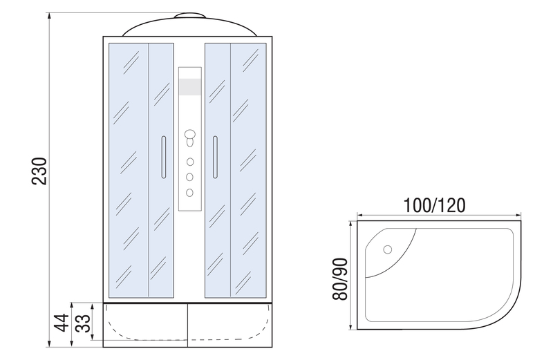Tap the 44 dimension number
coord(62,323)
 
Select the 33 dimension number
coord(84,323)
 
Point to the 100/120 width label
coord(434,205)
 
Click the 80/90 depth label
coord(340,279)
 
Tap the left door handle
coord(163,158)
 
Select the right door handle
coord(215,158)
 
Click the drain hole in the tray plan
coord(388,249)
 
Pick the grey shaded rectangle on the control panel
coord(190,87)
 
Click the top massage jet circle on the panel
coord(190,162)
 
